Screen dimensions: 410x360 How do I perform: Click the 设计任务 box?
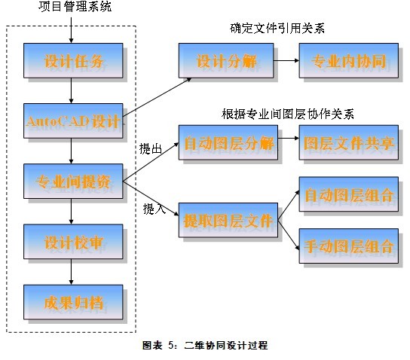tap(73, 60)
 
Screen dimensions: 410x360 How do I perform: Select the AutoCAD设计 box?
tap(73, 121)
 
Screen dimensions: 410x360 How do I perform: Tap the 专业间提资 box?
tap(73, 182)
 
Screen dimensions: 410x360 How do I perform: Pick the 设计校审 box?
tap(73, 242)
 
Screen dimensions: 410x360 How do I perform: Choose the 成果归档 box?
tap(73, 302)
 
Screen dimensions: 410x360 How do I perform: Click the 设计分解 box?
tap(226, 60)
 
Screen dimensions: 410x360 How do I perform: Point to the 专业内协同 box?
tap(349, 60)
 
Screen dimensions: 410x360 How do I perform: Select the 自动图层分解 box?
tap(228, 142)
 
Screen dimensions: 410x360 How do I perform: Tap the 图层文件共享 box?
tap(349, 142)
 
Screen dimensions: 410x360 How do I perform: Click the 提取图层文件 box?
tap(228, 220)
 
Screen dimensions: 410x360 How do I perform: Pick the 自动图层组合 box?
tap(349, 194)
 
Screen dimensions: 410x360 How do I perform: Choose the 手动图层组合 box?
tap(349, 246)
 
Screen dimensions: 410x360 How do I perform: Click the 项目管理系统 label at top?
tap(75, 7)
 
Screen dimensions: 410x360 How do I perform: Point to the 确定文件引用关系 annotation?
tap(277, 28)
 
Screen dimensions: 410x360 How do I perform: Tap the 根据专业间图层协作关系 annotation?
tap(288, 114)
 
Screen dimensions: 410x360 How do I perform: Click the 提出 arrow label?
tap(151, 149)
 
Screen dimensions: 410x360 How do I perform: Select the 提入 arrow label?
tap(155, 209)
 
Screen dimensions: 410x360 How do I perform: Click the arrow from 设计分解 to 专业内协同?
tap(286, 60)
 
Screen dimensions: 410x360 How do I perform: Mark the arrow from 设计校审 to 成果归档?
tap(71, 272)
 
